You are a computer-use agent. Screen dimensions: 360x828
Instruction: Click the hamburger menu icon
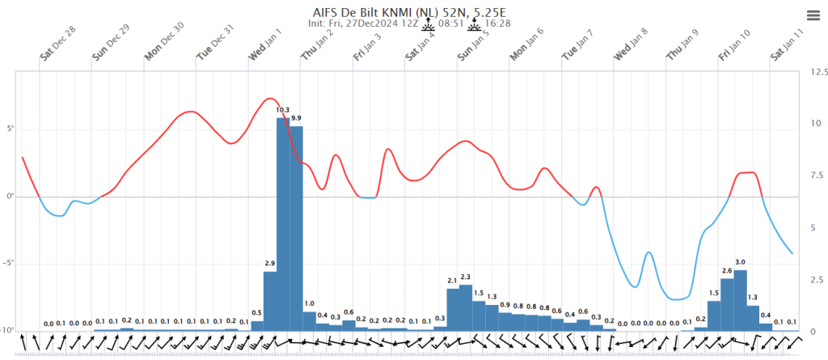pyautogui.click(x=813, y=15)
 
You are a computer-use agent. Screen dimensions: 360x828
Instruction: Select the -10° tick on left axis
pyautogui.click(x=8, y=331)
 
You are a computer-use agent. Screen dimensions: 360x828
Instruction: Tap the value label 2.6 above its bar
pyautogui.click(x=727, y=271)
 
